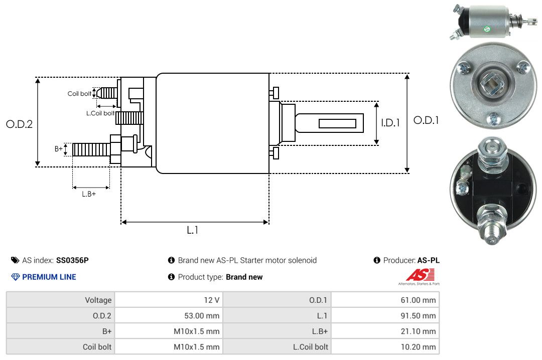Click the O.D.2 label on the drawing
point(19,124)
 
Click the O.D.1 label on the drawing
point(426,120)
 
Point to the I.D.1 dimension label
point(390,122)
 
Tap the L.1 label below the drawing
point(193,230)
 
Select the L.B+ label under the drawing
point(89,194)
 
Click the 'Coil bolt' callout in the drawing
point(79,94)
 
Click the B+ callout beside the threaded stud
point(59,149)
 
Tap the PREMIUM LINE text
point(49,277)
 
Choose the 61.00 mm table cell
point(421,300)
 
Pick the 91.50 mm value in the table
point(421,316)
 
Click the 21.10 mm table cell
point(421,331)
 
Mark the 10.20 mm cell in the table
point(421,347)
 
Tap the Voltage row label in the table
point(98,300)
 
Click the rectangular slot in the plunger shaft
point(337,123)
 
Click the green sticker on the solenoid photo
point(486,30)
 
